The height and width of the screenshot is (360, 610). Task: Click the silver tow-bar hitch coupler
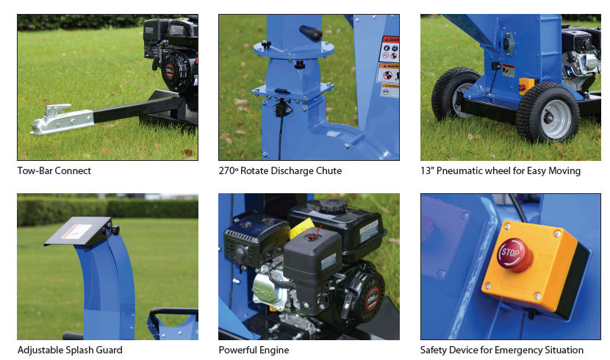coord(62,119)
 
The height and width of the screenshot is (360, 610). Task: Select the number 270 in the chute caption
coord(227,170)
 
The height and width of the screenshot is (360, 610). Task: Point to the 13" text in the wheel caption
coord(427,170)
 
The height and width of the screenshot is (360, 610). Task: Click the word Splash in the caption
coord(80,350)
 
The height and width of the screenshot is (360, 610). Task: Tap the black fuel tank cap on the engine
coord(333,206)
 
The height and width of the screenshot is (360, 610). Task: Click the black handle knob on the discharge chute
coord(310,32)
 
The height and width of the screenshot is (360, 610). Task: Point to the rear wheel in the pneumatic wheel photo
coord(456,93)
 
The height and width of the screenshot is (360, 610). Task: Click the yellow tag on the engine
coord(302,229)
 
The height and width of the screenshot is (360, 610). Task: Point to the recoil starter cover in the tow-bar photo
coord(173,72)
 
